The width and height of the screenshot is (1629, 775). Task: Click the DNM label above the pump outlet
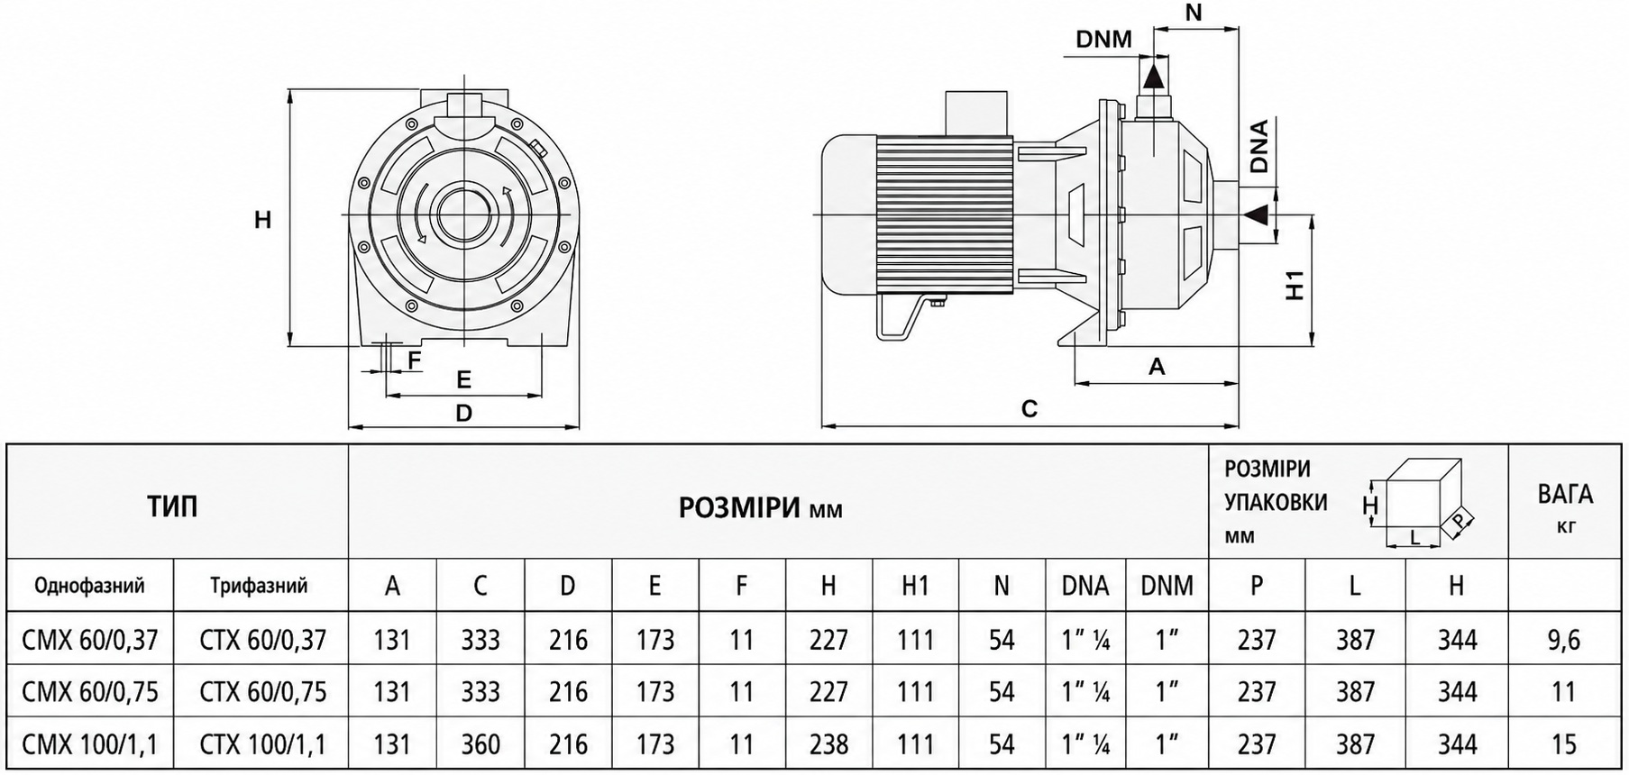[x=1103, y=40]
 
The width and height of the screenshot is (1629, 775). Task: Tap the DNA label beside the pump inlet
[x=1260, y=146]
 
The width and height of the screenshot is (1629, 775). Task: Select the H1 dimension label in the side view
[x=1295, y=285]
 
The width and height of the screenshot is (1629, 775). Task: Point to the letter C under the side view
[x=1030, y=409]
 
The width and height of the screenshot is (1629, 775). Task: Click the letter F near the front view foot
[x=414, y=361]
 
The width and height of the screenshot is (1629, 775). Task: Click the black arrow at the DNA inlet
[x=1257, y=214]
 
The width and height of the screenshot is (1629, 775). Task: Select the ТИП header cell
[x=172, y=506]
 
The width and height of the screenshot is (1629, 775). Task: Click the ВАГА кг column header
[x=1565, y=506]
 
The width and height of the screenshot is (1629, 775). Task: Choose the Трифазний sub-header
[x=259, y=586]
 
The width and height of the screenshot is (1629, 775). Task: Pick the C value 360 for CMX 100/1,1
[x=480, y=744]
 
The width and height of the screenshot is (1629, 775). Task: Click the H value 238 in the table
[x=828, y=744]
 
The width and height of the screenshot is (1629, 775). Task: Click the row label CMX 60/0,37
[x=90, y=640]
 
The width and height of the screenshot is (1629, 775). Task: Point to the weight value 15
[x=1564, y=744]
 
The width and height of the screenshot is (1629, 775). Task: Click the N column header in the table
[x=1002, y=586]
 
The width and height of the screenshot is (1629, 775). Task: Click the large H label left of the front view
[x=262, y=219]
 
